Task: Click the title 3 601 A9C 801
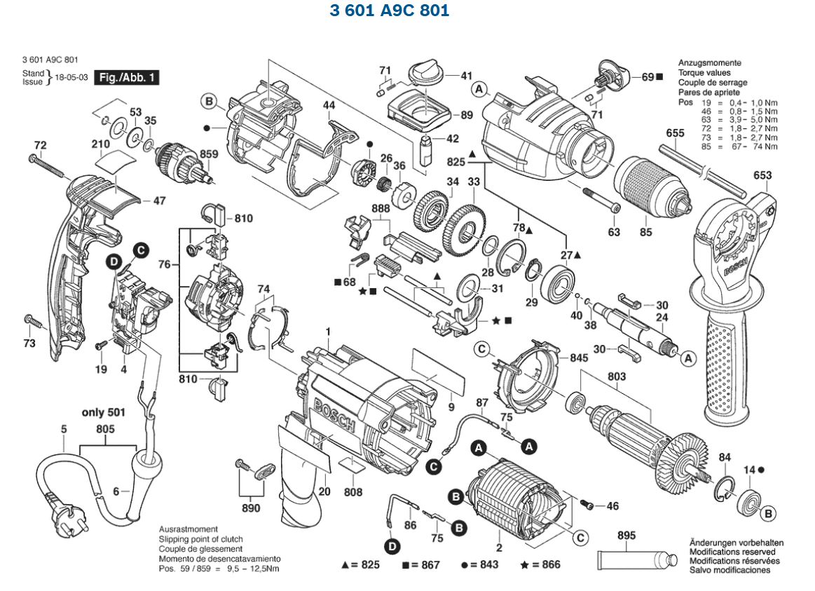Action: (x=389, y=11)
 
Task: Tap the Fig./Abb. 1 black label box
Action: (x=128, y=78)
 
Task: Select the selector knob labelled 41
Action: (x=425, y=72)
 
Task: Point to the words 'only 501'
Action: (x=104, y=412)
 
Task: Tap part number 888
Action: (x=381, y=209)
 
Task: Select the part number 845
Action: (x=579, y=358)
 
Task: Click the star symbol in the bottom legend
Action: (x=524, y=564)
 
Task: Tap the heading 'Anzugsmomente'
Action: (x=709, y=63)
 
